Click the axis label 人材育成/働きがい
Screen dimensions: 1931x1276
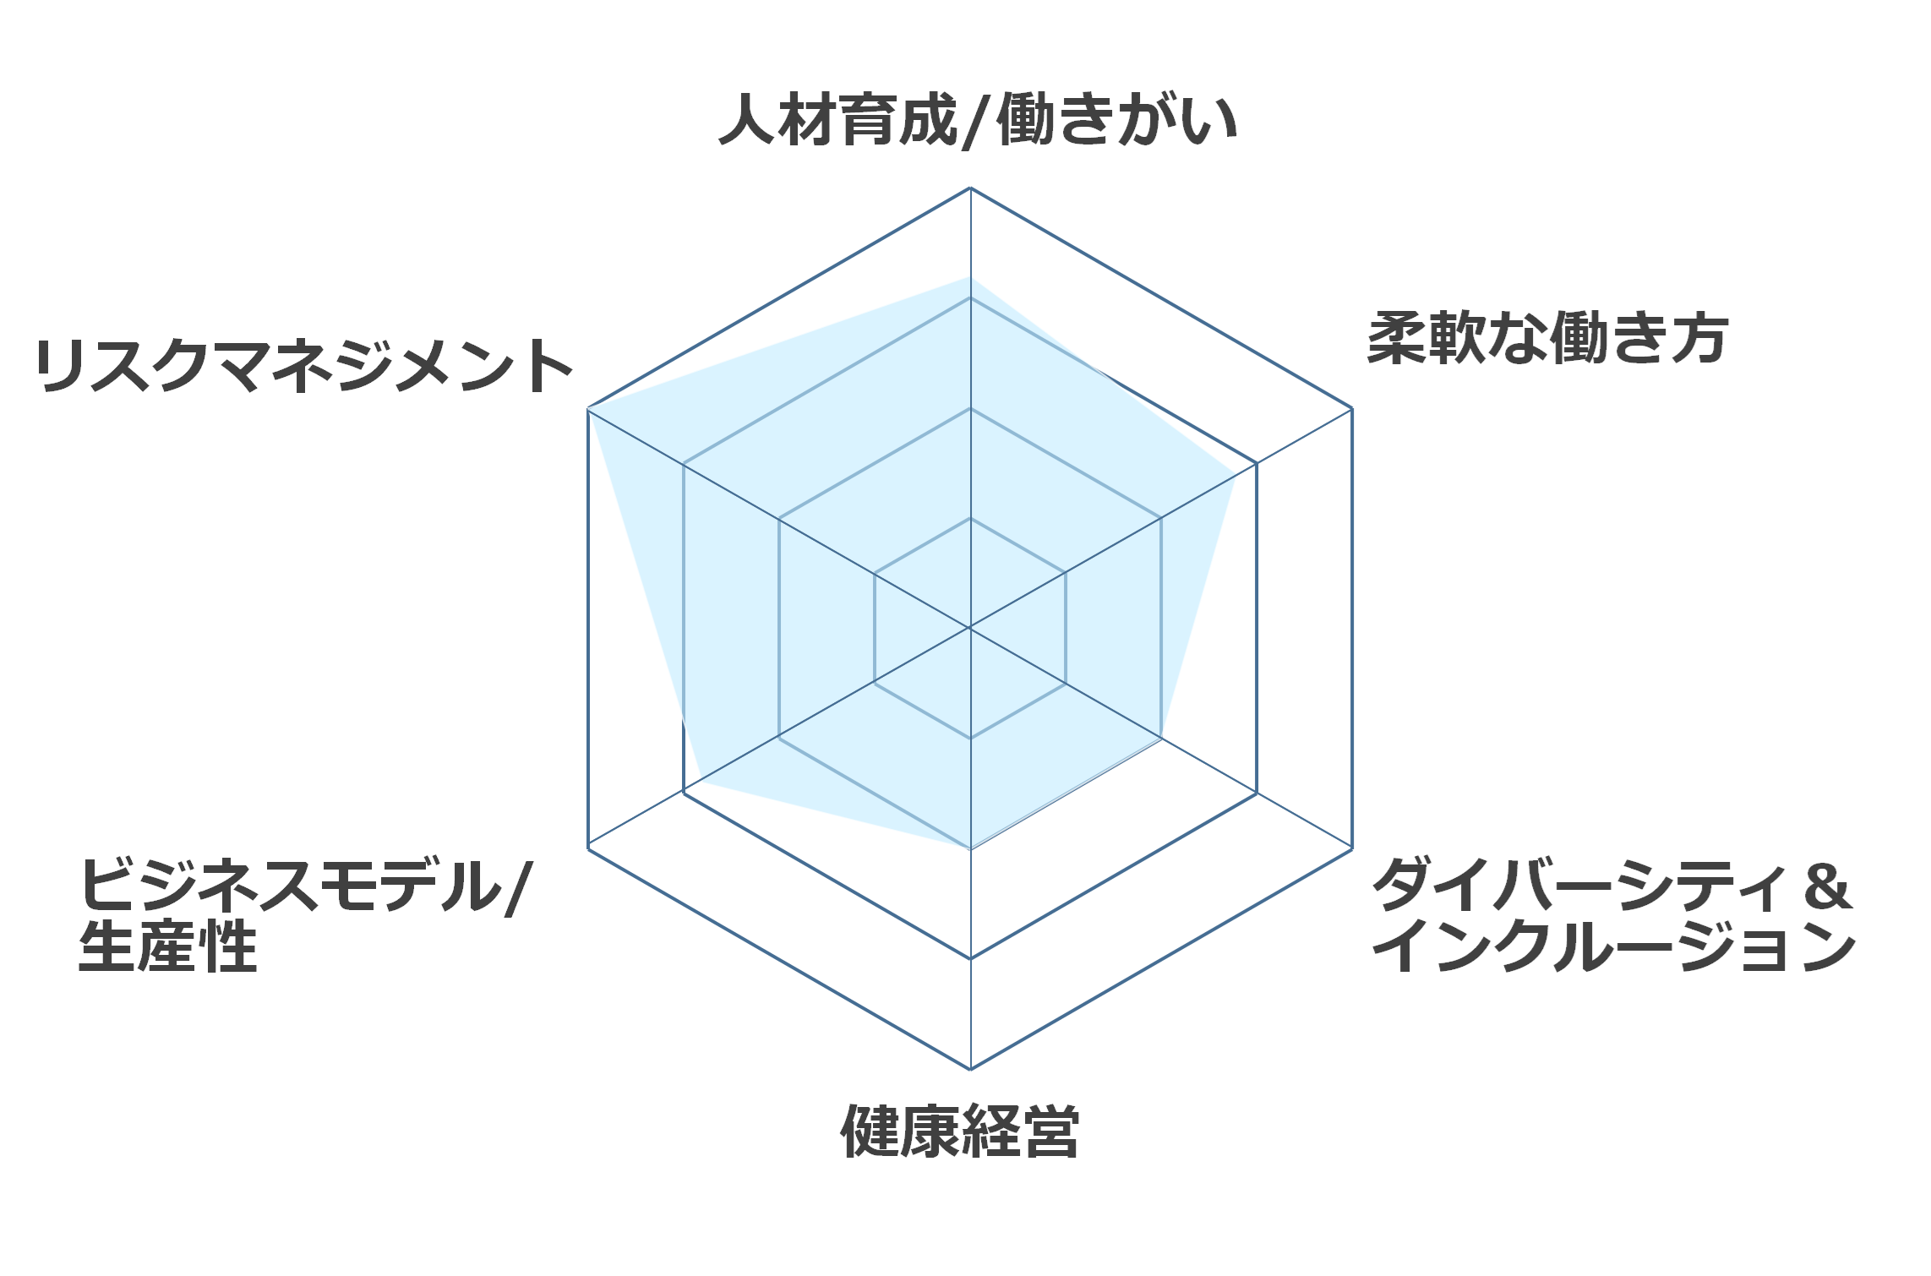pos(978,121)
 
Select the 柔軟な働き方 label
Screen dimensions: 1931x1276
pos(1547,339)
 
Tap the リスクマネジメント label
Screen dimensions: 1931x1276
pos(304,366)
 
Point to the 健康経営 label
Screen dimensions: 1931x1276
pos(960,1131)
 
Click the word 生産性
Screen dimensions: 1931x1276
pos(167,946)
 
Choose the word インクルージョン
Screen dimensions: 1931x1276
pos(1614,946)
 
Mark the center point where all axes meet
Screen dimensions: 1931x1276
pos(970,628)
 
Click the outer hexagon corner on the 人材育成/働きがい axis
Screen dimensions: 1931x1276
pos(970,188)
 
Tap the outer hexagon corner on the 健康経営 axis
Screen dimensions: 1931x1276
pos(970,1069)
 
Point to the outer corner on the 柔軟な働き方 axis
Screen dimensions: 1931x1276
pos(1352,408)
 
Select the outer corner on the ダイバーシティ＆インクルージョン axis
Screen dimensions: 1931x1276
pos(1352,848)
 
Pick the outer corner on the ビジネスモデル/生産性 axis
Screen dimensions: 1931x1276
pos(588,848)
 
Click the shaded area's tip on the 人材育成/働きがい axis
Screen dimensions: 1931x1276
pos(970,277)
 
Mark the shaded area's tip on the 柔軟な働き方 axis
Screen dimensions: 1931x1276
pos(1236,476)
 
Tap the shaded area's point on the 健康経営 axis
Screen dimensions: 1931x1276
pos(970,848)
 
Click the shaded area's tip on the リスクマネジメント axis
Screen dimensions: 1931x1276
pos(588,408)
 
